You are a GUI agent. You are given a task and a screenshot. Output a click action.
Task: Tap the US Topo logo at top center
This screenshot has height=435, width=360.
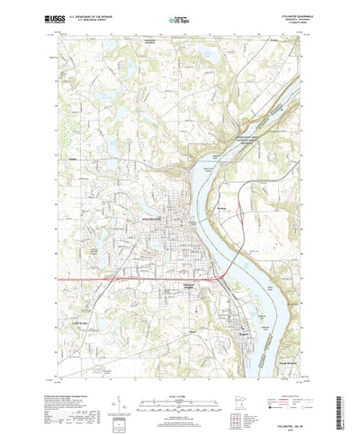(180, 17)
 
